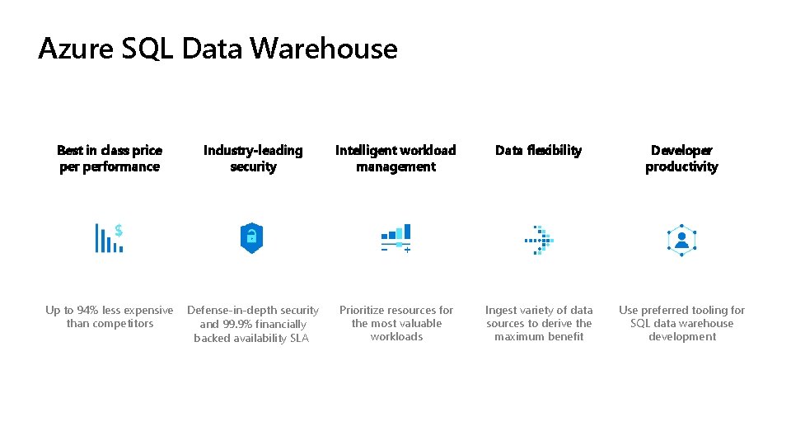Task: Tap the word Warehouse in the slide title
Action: click(x=324, y=49)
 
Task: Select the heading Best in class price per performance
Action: click(x=110, y=158)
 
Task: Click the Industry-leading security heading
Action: click(x=253, y=158)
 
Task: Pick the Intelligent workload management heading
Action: click(x=395, y=158)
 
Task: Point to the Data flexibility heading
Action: click(x=538, y=150)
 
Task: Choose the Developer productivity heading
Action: click(x=681, y=158)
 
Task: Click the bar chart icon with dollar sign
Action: click(x=109, y=237)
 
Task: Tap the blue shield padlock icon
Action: click(x=251, y=237)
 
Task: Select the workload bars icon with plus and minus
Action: click(x=395, y=238)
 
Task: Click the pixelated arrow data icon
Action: click(x=540, y=240)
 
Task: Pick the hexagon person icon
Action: click(x=681, y=240)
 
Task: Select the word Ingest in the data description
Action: click(x=502, y=311)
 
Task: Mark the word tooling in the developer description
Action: click(x=703, y=311)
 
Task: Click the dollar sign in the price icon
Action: click(x=119, y=230)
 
